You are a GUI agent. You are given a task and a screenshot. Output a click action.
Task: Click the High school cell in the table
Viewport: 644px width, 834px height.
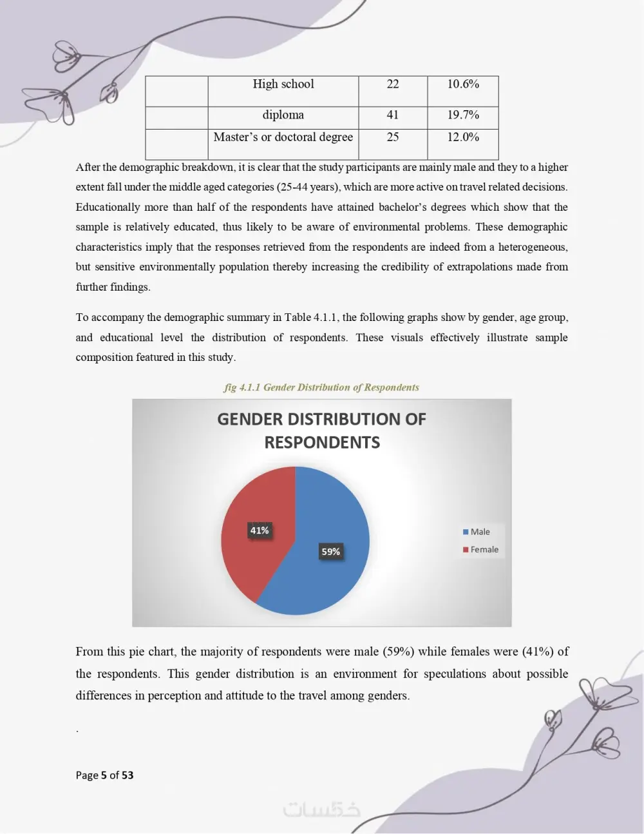283,84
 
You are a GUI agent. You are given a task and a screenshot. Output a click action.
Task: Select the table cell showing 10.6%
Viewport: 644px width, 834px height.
463,84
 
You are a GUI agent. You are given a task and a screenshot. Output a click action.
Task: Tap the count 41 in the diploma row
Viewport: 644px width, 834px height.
393,115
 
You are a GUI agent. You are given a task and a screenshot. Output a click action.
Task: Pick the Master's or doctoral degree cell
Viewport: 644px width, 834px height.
283,137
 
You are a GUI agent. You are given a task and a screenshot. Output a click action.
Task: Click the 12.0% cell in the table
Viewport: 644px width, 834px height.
463,137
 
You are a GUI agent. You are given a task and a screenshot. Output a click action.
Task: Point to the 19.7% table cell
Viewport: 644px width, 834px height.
463,115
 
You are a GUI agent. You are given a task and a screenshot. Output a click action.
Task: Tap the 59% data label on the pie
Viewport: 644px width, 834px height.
330,552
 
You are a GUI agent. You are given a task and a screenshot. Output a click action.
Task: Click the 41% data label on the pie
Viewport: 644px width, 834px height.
260,530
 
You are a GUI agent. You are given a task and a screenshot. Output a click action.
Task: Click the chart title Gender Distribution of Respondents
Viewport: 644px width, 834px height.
321,431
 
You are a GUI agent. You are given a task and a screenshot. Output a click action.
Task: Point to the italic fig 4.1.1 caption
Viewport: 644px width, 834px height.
321,387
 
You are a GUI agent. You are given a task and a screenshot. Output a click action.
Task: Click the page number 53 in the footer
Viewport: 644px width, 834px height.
128,775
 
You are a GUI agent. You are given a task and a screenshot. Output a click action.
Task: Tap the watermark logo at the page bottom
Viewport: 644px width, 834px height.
322,810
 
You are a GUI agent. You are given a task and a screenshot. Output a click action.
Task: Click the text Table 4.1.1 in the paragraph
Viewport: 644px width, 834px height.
311,317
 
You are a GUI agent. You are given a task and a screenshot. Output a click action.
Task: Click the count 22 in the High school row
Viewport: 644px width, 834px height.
393,84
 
